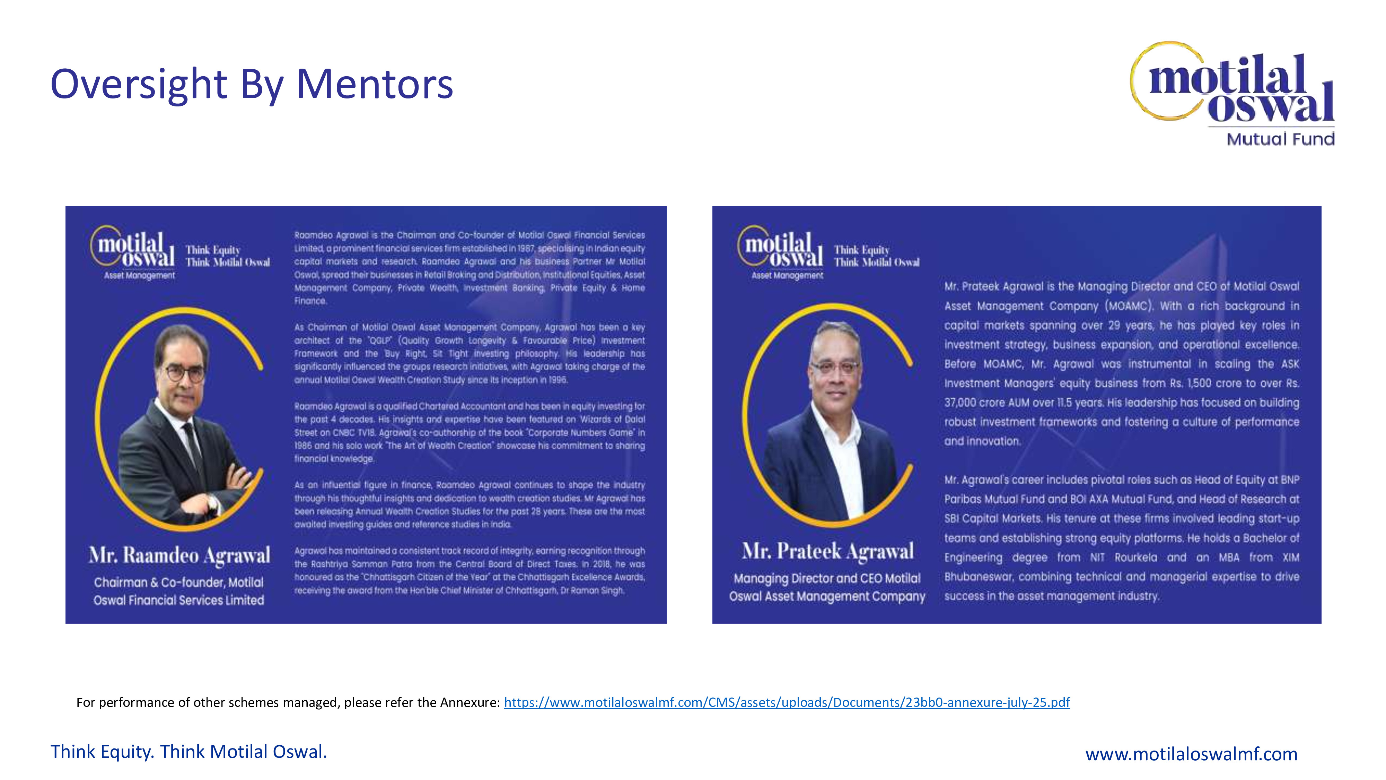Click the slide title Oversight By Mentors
251,85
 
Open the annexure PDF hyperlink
787,702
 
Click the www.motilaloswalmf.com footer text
1191,754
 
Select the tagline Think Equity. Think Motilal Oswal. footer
188,752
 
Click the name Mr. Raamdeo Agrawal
179,555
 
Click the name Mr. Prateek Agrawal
827,551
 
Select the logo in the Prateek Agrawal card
780,250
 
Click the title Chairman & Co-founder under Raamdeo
179,582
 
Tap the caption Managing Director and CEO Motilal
827,578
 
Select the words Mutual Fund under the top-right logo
1280,139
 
